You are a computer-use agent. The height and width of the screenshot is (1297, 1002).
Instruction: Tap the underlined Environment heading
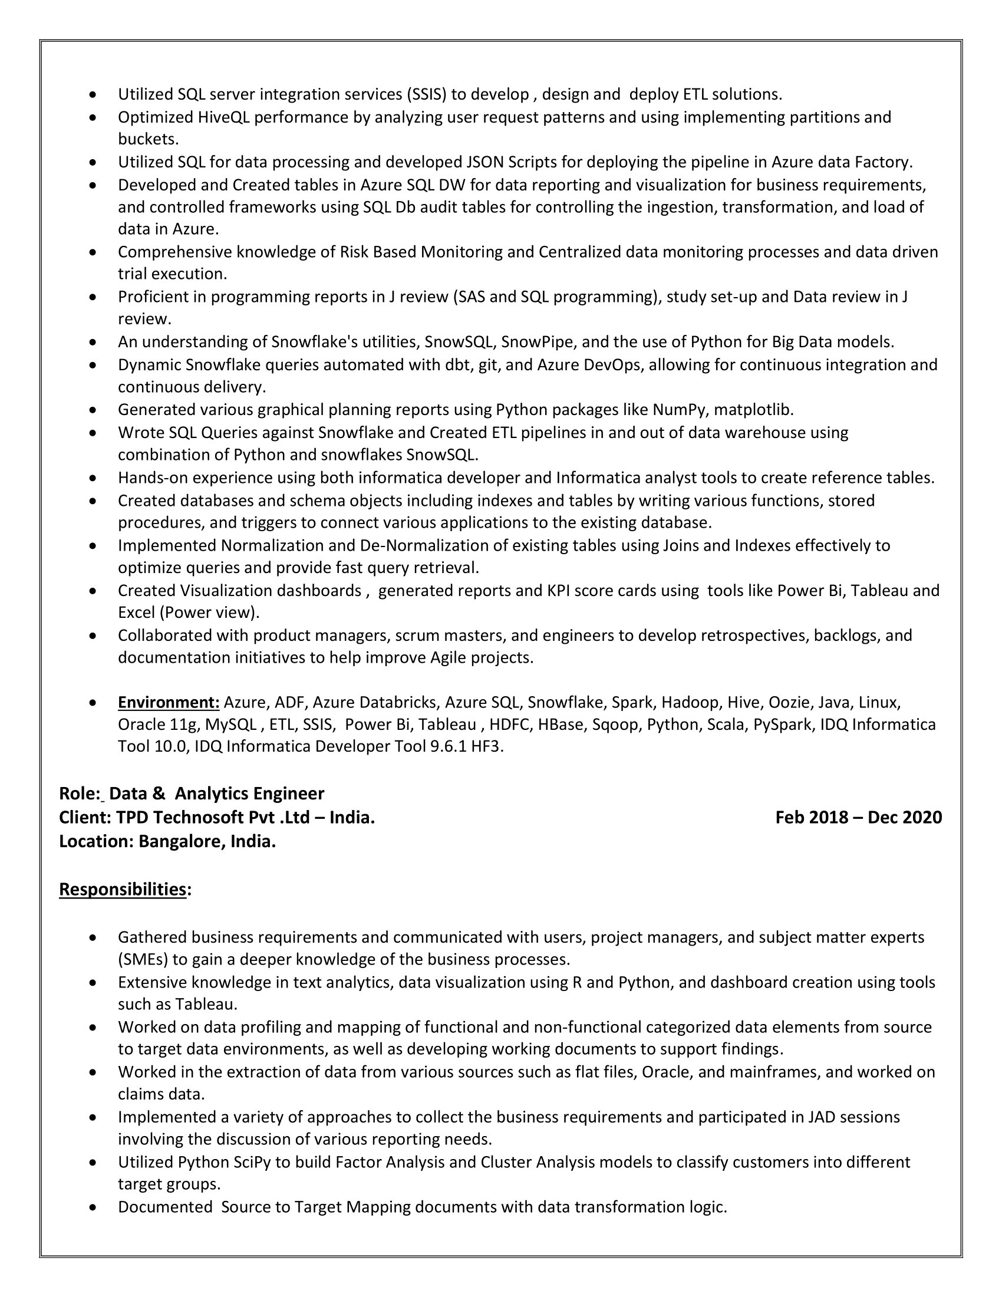(169, 703)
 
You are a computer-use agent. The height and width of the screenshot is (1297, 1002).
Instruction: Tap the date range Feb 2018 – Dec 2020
(858, 818)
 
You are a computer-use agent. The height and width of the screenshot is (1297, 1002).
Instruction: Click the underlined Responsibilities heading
(123, 889)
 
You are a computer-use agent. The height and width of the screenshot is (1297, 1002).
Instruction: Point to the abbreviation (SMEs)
(143, 960)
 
